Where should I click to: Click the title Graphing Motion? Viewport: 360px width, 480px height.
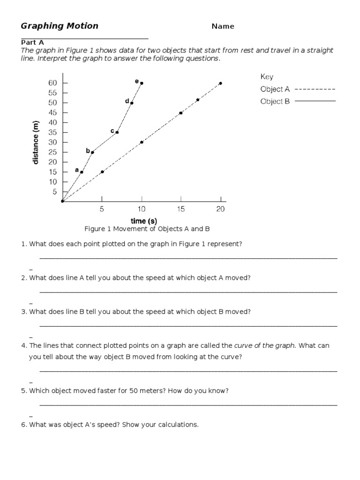[60, 26]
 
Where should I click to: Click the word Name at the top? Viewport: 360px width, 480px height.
[223, 26]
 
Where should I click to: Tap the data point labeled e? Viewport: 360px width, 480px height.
[142, 83]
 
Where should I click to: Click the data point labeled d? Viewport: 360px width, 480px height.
[132, 103]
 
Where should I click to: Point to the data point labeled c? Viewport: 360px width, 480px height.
[117, 132]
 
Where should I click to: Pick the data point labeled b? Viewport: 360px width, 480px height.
[92, 152]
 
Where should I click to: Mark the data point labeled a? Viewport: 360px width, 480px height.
[82, 172]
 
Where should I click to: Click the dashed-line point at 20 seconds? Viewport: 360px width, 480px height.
[220, 83]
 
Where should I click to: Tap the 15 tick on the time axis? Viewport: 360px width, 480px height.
[181, 210]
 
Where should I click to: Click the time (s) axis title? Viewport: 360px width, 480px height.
[143, 221]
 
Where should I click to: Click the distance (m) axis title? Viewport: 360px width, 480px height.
[36, 142]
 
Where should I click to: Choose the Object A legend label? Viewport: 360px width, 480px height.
[275, 89]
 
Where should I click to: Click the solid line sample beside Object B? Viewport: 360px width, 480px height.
[315, 101]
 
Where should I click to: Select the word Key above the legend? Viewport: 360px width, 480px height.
[267, 77]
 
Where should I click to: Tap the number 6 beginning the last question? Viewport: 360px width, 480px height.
[23, 425]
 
